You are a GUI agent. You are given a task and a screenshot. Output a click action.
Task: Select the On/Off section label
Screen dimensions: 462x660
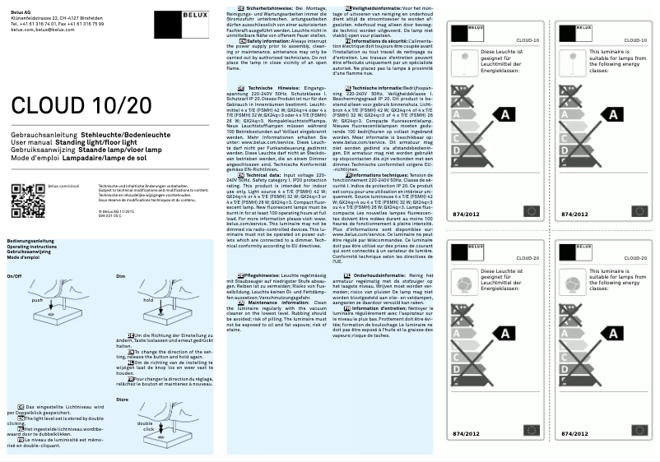coord(14,276)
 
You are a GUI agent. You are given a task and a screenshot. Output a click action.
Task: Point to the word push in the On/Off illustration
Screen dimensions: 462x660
coord(36,301)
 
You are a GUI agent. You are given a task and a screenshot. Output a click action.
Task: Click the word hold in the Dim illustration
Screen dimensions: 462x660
coord(149,300)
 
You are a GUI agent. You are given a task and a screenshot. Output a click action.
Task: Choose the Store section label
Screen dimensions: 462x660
coord(123,400)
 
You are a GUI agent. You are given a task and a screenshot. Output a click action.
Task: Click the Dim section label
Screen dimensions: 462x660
coord(121,276)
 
